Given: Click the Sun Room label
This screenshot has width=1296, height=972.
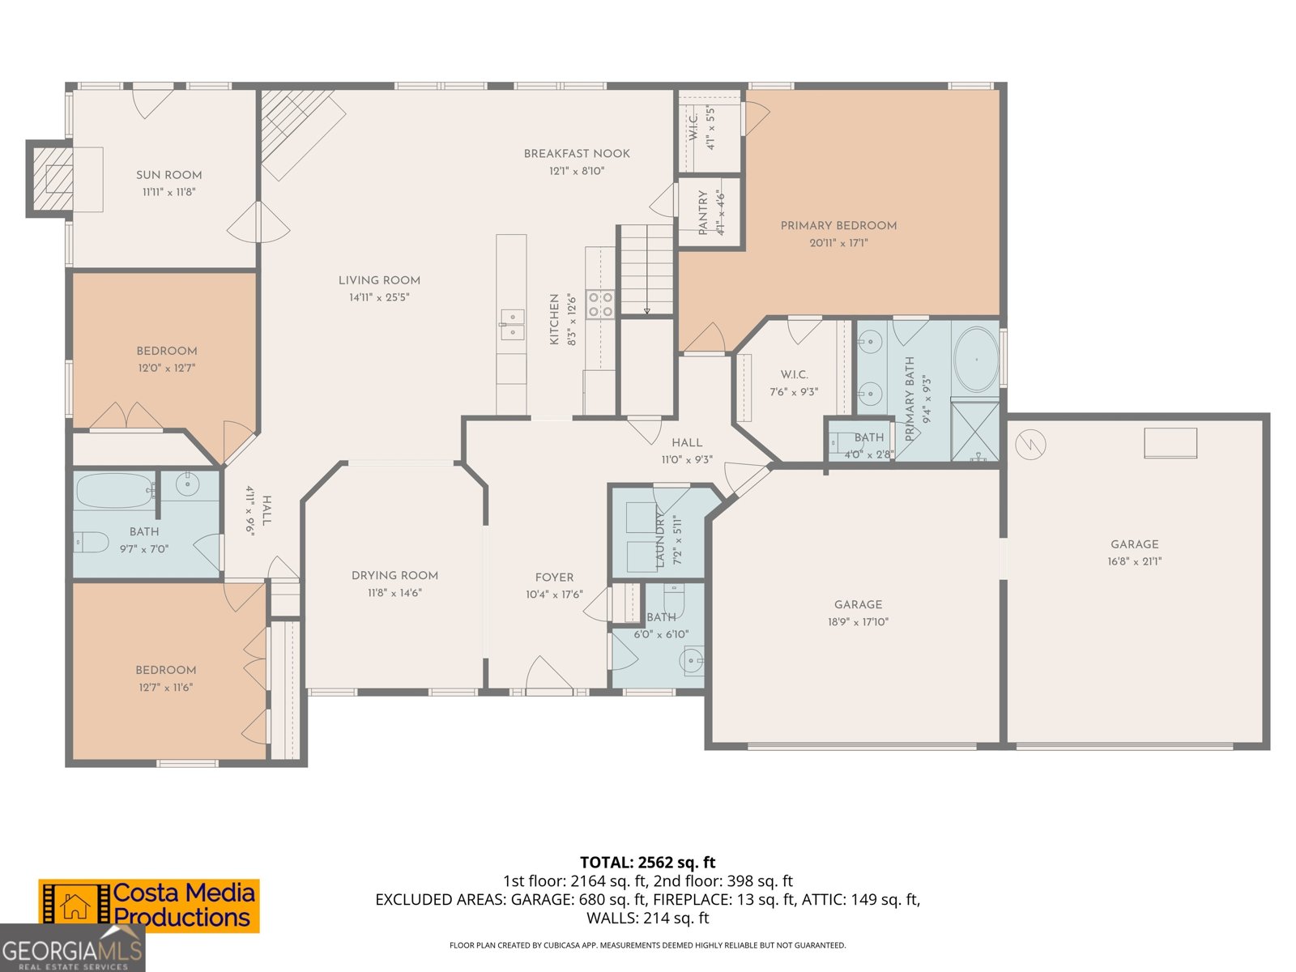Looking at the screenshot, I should click(168, 174).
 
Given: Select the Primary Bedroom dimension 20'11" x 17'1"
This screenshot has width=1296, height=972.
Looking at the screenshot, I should click(838, 243).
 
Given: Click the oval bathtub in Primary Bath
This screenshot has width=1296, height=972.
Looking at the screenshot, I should click(975, 360).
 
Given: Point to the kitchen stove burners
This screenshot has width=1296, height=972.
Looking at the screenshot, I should click(600, 305).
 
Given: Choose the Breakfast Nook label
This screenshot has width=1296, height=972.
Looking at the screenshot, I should click(577, 153).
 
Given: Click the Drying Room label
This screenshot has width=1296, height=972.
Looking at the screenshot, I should click(394, 575).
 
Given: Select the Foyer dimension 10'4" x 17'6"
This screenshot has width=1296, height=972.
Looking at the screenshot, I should click(554, 595).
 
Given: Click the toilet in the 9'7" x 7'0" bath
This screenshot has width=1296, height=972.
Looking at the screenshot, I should click(92, 541).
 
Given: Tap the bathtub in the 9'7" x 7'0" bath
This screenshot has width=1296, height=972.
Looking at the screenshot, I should click(116, 490).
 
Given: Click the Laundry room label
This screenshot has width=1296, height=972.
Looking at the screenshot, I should click(660, 539).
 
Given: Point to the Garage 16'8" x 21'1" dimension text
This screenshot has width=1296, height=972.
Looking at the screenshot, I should click(1134, 561).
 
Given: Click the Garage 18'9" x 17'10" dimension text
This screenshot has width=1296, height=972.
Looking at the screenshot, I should click(858, 622).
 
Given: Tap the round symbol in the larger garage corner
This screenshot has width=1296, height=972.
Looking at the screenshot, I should click(1030, 443).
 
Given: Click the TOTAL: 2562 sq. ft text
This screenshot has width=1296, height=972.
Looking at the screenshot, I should click(647, 862).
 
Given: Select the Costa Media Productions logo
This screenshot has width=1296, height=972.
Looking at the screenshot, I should click(149, 906).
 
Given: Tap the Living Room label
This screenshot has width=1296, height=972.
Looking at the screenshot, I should click(379, 280).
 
